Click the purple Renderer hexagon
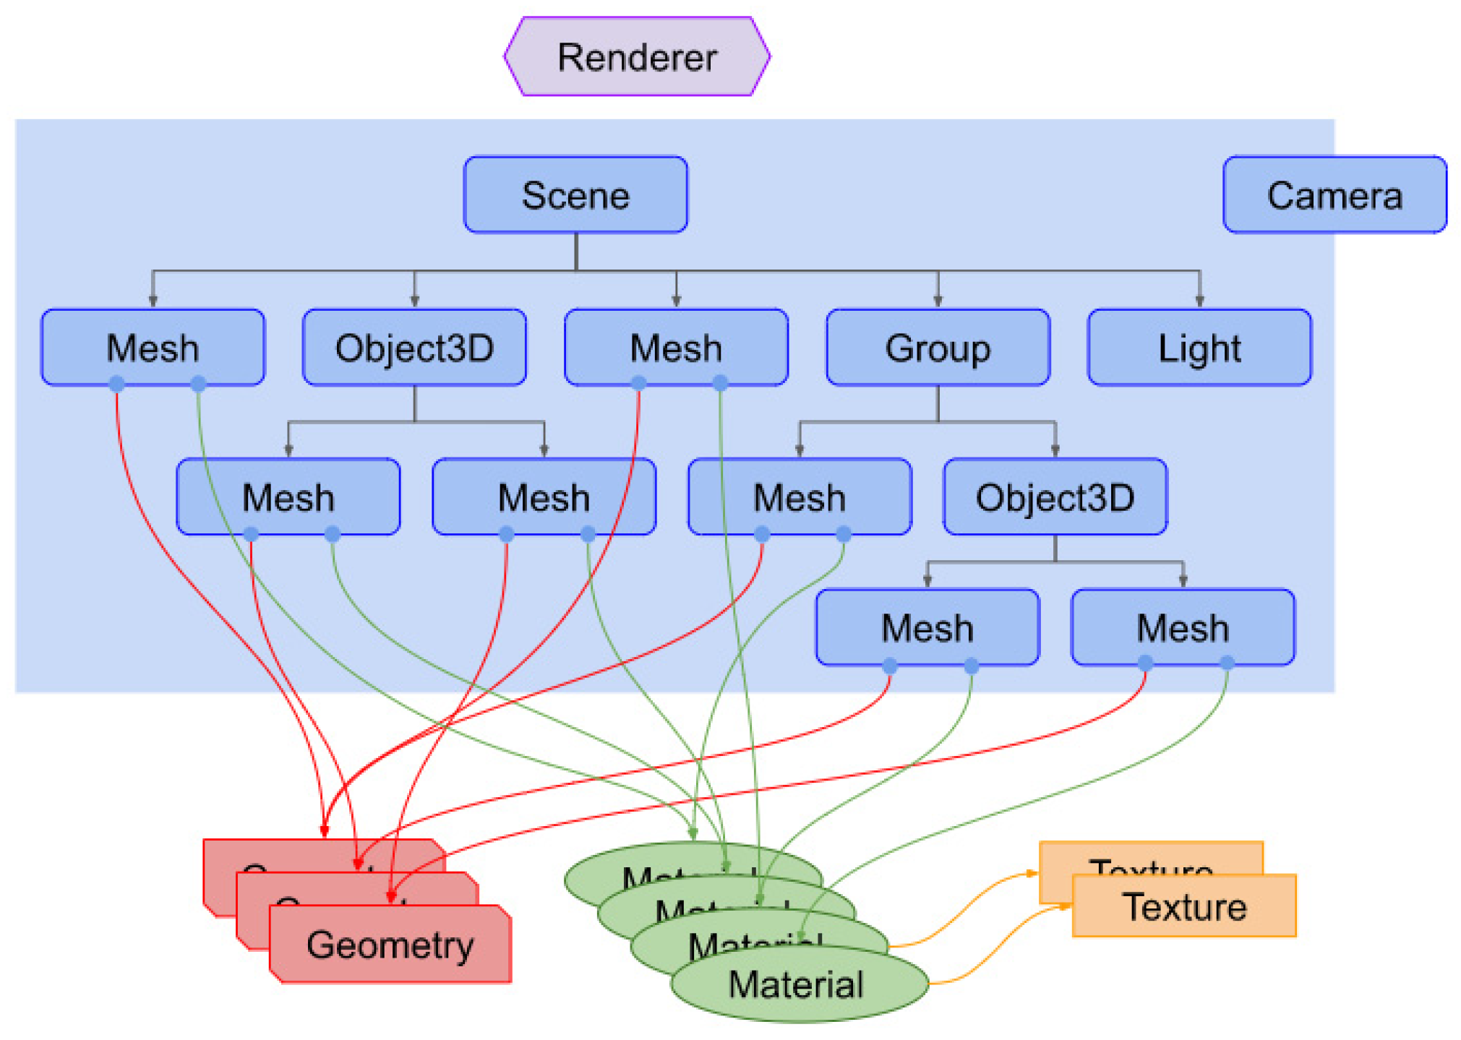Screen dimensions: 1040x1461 (636, 56)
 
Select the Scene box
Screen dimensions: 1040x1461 (575, 195)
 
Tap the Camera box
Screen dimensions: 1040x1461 (1334, 195)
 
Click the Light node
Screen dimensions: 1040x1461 (1199, 348)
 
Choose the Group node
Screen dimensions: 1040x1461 (938, 348)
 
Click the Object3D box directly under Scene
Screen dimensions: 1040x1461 (414, 348)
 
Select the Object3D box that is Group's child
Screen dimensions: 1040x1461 (1055, 497)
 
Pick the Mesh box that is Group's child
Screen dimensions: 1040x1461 (799, 497)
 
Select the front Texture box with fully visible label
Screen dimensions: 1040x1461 (1184, 907)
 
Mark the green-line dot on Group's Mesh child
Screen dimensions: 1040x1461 (843, 535)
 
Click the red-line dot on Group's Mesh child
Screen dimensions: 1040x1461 (761, 535)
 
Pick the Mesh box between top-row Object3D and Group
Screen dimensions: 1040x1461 (676, 348)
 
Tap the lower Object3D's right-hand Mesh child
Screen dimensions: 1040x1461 (1183, 627)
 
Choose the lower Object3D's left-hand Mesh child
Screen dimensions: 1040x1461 (927, 627)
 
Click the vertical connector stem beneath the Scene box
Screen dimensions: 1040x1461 (576, 252)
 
